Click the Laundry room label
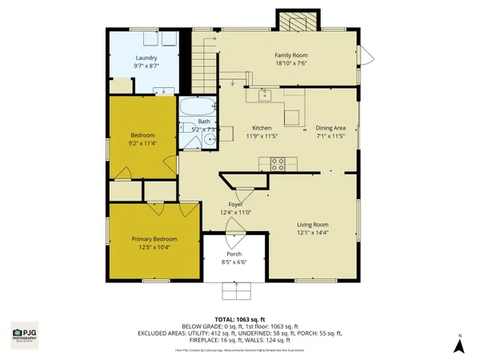pyautogui.click(x=146, y=58)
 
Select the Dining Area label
pyautogui.click(x=330, y=128)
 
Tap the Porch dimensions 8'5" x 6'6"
pyautogui.click(x=234, y=262)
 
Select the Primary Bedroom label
pyautogui.click(x=154, y=239)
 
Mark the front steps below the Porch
pyautogui.click(x=234, y=290)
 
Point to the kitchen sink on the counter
pyautogui.click(x=266, y=96)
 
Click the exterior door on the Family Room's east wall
pyautogui.click(x=366, y=54)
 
